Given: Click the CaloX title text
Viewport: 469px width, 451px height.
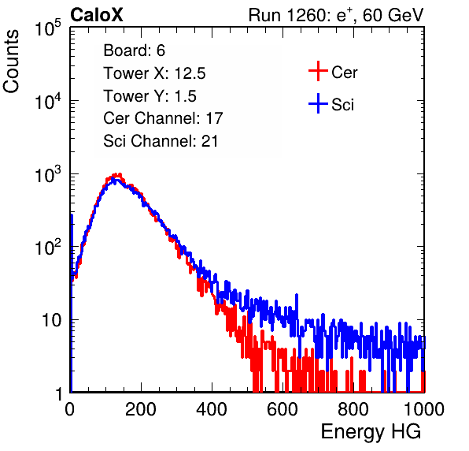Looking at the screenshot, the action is (97, 15).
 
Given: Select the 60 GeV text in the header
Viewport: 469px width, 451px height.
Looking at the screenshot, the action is (393, 15).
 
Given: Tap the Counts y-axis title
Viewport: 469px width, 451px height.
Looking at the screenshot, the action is (11, 61).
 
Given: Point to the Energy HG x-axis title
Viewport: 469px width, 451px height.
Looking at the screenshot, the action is (371, 432).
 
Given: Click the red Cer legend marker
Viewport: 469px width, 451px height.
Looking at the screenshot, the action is (318, 71).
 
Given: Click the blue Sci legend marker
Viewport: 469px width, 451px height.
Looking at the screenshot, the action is (318, 104).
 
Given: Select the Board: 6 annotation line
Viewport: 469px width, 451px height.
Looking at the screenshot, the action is (134, 50).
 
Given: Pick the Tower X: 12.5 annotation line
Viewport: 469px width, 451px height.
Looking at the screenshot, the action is (154, 73).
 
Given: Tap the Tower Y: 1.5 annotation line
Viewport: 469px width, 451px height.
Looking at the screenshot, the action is (150, 96).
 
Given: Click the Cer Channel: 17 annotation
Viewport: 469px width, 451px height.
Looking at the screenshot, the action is (163, 118).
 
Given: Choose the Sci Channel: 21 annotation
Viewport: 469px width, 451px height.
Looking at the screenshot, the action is (161, 141).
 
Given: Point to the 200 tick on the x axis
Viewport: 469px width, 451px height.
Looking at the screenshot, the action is (141, 409).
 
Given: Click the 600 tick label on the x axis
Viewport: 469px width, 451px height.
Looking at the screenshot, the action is (283, 409).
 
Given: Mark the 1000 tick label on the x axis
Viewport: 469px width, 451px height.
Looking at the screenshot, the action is (424, 409).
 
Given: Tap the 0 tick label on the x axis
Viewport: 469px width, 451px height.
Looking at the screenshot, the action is (70, 409).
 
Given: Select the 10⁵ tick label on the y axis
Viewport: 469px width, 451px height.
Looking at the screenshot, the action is (48, 28).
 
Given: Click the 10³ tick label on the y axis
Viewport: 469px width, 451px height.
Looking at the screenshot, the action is (48, 174).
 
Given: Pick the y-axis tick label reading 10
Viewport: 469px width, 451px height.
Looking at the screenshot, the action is (51, 320).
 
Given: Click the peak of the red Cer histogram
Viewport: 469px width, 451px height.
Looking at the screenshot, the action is (116, 174).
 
